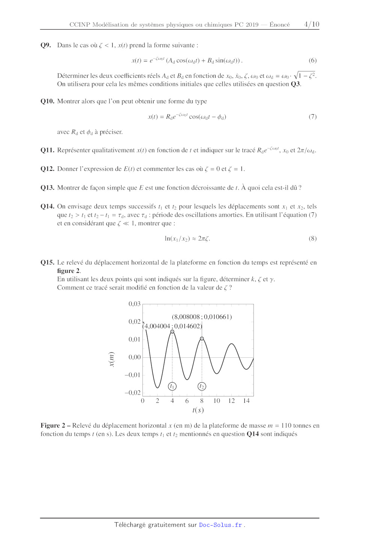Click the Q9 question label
pyautogui.click(x=46, y=45)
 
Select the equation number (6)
pyautogui.click(x=312, y=60)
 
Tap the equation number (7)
pyautogui.click(x=312, y=117)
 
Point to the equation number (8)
pyautogui.click(x=312, y=238)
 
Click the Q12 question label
pyautogui.click(x=47, y=169)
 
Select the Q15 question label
pyautogui.click(x=47, y=262)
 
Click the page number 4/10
pyautogui.click(x=312, y=24)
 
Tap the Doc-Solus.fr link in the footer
pyautogui.click(x=220, y=525)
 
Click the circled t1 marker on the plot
pyautogui.click(x=172, y=386)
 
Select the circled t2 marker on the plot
pyautogui.click(x=202, y=386)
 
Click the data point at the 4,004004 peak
pyautogui.click(x=172, y=332)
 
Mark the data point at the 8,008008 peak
pyautogui.click(x=202, y=339)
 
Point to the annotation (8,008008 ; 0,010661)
pyautogui.click(x=202, y=317)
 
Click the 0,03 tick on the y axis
pyautogui.click(x=134, y=304)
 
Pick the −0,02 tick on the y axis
pyautogui.click(x=133, y=393)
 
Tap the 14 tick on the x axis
pyautogui.click(x=246, y=401)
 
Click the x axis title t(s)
pyautogui.click(x=198, y=410)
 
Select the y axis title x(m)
pyautogui.click(x=112, y=359)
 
